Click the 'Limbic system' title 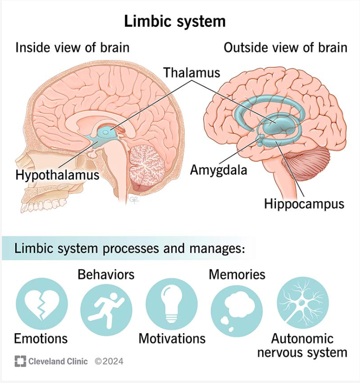click(175, 21)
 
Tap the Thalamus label click(192, 72)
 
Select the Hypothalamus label click(58, 175)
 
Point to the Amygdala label click(218, 170)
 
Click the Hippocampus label click(304, 204)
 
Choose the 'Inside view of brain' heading click(72, 48)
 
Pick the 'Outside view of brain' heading click(286, 48)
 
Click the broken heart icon click(42, 304)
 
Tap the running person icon click(106, 310)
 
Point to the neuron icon click(303, 303)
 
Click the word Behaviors click(106, 275)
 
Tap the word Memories click(237, 275)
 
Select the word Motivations click(172, 338)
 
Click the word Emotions click(41, 338)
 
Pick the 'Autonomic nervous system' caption click(302, 346)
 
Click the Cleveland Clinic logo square click(20, 361)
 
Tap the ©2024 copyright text click(109, 361)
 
